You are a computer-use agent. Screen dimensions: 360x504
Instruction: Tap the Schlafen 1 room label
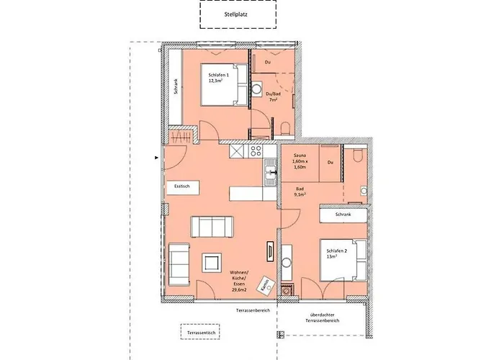point(219,78)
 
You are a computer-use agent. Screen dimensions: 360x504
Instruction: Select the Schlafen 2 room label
point(332,253)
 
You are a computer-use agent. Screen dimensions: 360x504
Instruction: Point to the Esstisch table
point(182,186)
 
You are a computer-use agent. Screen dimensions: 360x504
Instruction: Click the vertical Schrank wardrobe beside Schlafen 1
point(175,87)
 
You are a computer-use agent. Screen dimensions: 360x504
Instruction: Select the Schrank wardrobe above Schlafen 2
point(343,215)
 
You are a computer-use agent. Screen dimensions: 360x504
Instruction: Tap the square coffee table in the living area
point(212,263)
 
